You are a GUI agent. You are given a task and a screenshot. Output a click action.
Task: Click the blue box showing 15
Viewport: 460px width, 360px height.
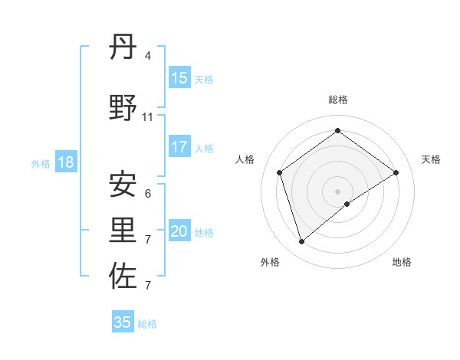tap(179, 78)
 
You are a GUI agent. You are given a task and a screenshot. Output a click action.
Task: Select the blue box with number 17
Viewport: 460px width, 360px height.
tap(179, 147)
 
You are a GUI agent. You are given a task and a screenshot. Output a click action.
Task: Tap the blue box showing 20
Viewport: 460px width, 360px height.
tap(179, 231)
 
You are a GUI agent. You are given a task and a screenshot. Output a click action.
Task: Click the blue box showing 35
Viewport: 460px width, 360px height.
tap(123, 322)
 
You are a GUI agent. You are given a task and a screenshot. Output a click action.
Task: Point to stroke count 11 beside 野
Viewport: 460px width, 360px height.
tap(148, 117)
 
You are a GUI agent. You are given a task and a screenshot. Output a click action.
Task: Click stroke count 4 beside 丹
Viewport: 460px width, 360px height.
tap(148, 56)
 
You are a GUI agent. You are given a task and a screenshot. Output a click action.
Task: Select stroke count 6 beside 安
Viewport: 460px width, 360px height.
tap(148, 193)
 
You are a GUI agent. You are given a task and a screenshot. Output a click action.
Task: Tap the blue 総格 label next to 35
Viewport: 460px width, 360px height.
tap(147, 324)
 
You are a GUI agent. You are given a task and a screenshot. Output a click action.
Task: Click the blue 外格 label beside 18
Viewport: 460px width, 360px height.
tap(41, 163)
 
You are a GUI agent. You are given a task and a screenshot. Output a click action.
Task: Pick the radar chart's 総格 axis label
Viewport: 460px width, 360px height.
tap(338, 100)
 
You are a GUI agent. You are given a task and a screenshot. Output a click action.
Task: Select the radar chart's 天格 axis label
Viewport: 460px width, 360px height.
tap(432, 159)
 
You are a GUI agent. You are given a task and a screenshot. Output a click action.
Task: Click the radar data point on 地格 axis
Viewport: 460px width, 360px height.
tap(347, 204)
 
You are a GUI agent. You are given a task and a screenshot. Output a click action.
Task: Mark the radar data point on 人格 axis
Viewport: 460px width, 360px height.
tap(280, 172)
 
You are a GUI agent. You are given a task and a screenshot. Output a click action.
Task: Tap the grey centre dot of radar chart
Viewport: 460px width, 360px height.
tap(338, 191)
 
